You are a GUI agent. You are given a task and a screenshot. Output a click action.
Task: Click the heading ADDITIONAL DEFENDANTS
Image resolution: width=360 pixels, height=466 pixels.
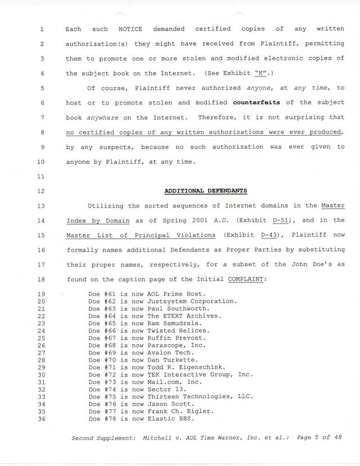coord(205,191)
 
